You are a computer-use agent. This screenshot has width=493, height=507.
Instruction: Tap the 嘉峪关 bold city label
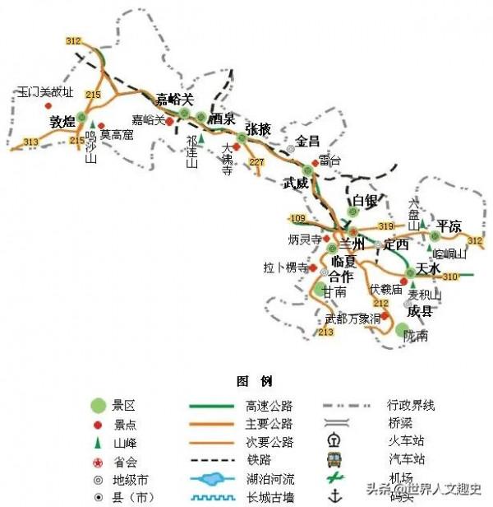pos(174,99)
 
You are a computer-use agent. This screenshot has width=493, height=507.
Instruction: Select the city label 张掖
pos(258,129)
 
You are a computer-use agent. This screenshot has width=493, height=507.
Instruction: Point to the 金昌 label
pos(308,140)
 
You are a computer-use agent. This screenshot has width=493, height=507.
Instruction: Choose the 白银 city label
pos(364,201)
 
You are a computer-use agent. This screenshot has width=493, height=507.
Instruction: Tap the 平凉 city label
pos(449,226)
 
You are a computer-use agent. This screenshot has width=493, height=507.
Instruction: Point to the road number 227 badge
pos(257,162)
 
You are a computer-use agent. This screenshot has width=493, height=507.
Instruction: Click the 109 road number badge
pos(297,218)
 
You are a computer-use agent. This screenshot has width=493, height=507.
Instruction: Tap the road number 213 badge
pos(326,332)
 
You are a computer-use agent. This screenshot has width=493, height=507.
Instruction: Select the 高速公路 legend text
pos(269,405)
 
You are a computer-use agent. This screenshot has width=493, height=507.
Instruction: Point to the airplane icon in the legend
pos(334,478)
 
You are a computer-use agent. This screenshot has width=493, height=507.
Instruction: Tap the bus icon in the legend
pos(334,459)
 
